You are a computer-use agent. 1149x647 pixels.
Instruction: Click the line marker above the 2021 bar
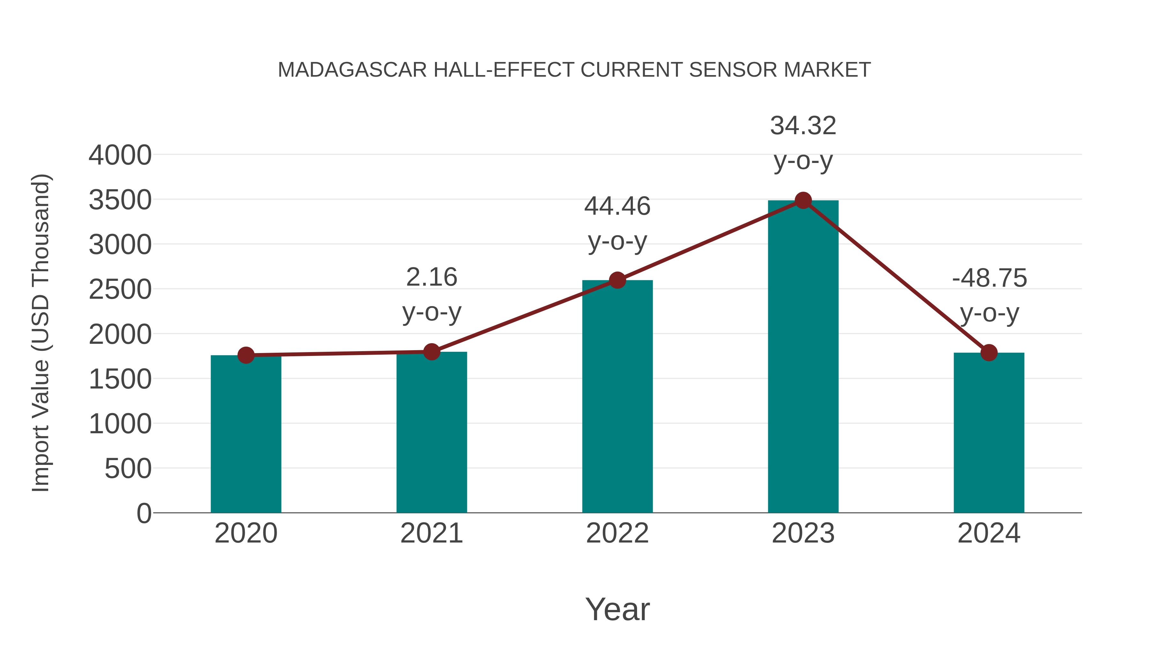[x=431, y=352]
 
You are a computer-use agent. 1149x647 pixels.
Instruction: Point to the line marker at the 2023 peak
[x=803, y=200]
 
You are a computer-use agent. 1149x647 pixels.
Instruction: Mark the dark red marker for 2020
[x=246, y=355]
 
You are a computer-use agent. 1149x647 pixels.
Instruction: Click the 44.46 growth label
[x=617, y=206]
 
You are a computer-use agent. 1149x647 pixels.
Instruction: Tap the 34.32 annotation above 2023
[x=803, y=126]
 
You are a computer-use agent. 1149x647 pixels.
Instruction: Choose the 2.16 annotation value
[x=431, y=277]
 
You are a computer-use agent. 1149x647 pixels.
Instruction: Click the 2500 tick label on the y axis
[x=120, y=290]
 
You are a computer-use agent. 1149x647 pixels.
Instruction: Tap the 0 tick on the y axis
[x=144, y=513]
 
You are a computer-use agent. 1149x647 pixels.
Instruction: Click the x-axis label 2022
[x=617, y=533]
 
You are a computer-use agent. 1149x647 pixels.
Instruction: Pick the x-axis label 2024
[x=989, y=533]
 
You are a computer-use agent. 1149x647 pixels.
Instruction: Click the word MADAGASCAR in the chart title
[x=352, y=70]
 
